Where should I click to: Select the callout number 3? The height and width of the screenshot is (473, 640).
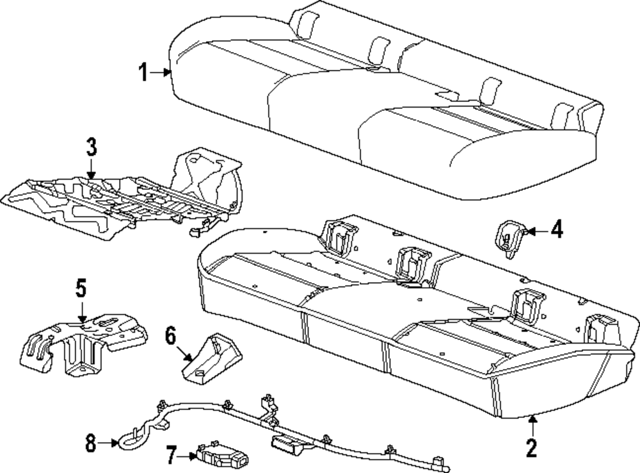click(x=92, y=149)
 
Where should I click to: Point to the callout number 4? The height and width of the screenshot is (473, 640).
click(x=557, y=229)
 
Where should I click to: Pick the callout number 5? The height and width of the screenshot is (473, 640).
click(x=81, y=288)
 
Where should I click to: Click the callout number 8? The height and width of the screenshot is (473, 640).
click(x=91, y=442)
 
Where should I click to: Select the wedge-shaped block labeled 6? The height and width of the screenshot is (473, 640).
click(x=214, y=359)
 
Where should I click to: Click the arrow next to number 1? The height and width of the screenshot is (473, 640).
click(x=161, y=74)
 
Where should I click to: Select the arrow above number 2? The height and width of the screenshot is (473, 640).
click(x=532, y=425)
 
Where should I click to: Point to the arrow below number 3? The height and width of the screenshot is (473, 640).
click(x=92, y=170)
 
